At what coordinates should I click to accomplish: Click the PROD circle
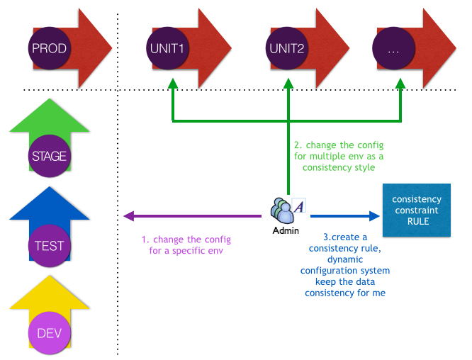pyautogui.click(x=49, y=48)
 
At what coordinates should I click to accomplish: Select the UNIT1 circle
pyautogui.click(x=167, y=48)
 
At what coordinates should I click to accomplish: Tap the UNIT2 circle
pyautogui.click(x=287, y=48)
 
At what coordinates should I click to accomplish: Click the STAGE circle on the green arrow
pyautogui.click(x=50, y=157)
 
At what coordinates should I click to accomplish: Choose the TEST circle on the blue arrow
pyautogui.click(x=50, y=246)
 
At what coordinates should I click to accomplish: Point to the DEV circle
pyautogui.click(x=50, y=333)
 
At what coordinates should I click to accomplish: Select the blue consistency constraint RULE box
pyautogui.click(x=417, y=210)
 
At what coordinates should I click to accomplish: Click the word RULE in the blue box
pyautogui.click(x=417, y=221)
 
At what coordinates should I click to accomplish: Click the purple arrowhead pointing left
pyautogui.click(x=128, y=216)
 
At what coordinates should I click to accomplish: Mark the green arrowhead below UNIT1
pyautogui.click(x=172, y=84)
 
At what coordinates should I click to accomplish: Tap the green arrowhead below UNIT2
pyautogui.click(x=288, y=84)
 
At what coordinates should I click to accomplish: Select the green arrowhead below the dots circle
pyautogui.click(x=400, y=84)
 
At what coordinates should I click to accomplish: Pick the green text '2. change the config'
pyautogui.click(x=338, y=145)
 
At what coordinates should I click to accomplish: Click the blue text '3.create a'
pyautogui.click(x=345, y=236)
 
